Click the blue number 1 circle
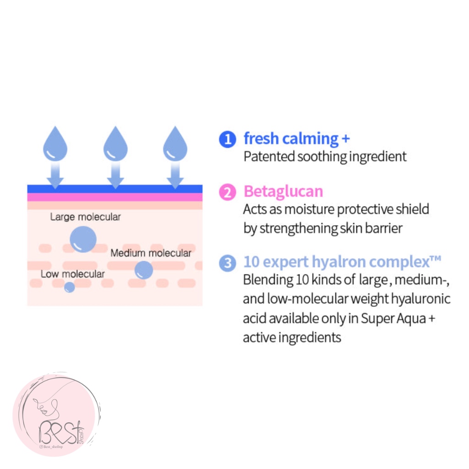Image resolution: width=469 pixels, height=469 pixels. click(228, 139)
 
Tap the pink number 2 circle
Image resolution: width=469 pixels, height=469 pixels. click(228, 192)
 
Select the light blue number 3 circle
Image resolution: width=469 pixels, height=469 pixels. click(228, 263)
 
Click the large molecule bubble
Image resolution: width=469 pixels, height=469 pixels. click(83, 239)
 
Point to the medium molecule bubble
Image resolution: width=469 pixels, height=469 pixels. click(144, 270)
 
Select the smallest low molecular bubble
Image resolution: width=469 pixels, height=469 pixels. click(70, 287)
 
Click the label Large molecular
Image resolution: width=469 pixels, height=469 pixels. click(85, 217)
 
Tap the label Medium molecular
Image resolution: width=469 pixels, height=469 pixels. click(151, 253)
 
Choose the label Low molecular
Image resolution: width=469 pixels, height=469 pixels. click(73, 274)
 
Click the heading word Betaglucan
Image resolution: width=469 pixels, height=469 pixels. click(283, 191)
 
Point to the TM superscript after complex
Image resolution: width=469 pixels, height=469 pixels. click(436, 258)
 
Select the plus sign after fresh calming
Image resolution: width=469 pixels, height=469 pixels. click(346, 138)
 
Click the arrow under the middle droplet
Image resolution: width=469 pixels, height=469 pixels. click(115, 175)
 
